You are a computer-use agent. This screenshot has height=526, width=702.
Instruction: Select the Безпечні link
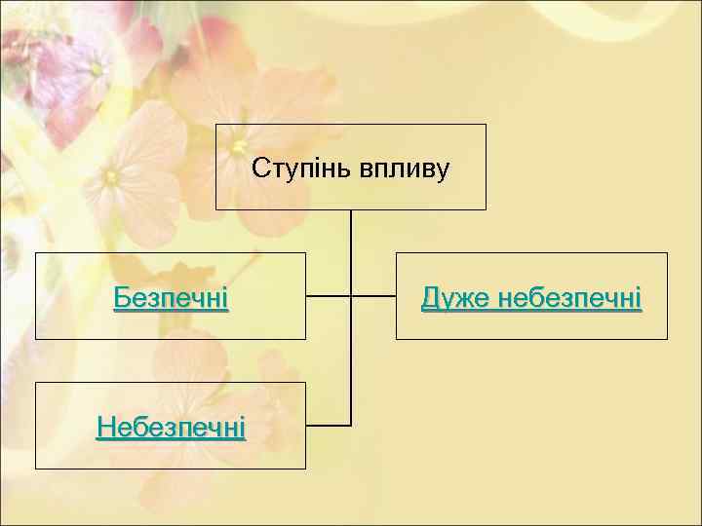pyautogui.click(x=171, y=297)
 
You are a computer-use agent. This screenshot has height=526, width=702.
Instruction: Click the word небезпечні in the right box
pyautogui.click(x=568, y=297)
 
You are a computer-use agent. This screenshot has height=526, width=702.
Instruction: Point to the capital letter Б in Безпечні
pyautogui.click(x=120, y=297)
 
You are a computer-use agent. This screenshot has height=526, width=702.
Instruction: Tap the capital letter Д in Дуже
pyautogui.click(x=429, y=297)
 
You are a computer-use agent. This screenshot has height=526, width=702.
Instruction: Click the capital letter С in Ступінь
pyautogui.click(x=258, y=169)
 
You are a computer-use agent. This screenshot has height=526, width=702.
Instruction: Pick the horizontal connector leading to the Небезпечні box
pyautogui.click(x=328, y=426)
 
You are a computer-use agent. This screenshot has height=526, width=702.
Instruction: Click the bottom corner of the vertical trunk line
pyautogui.click(x=351, y=426)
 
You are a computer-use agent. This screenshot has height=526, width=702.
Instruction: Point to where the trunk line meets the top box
pyautogui.click(x=351, y=210)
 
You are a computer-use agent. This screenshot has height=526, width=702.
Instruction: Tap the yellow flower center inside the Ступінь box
pyautogui.click(x=239, y=147)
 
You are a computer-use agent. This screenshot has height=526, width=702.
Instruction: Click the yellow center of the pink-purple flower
pyautogui.click(x=96, y=69)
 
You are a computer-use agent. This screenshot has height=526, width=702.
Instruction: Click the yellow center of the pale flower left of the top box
pyautogui.click(x=111, y=177)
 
